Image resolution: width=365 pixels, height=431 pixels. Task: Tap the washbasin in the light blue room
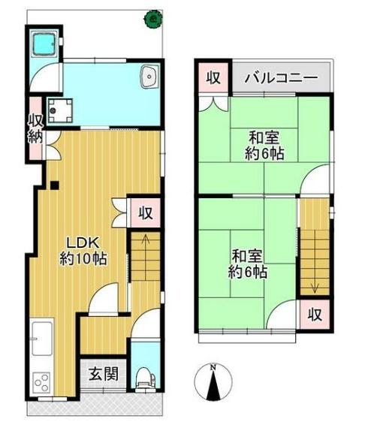click(149, 76)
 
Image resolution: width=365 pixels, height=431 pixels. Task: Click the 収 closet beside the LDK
click(146, 212)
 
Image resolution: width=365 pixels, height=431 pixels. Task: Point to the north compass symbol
click(213, 382)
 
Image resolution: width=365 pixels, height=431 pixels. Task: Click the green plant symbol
click(154, 17)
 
